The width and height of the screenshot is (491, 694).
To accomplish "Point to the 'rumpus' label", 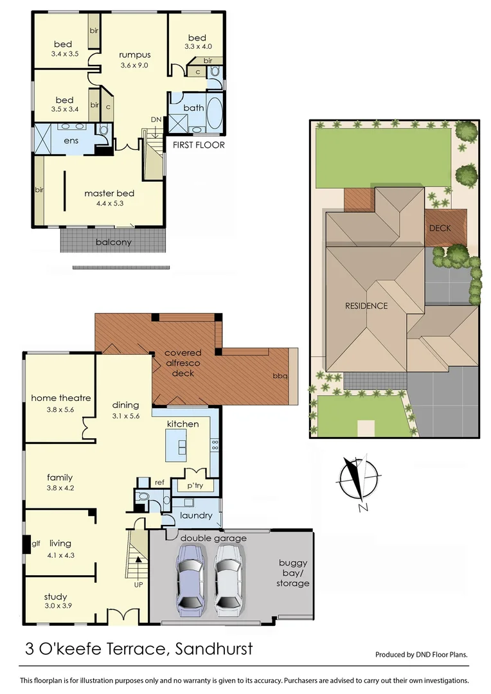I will [x=135, y=55].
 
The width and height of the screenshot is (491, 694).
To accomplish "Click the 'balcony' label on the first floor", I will [x=114, y=242].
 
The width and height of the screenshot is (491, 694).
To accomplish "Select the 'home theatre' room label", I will [x=61, y=398].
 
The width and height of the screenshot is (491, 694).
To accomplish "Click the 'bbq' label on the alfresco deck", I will [x=280, y=375].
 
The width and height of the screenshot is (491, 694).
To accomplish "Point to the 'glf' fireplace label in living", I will [x=36, y=544].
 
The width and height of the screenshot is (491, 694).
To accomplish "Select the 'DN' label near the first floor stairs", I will [x=156, y=120].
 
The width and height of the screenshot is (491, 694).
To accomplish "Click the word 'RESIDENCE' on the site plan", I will [x=366, y=306].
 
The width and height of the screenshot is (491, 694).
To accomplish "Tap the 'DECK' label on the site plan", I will [x=440, y=228].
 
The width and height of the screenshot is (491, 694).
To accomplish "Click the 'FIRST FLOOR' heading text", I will [x=199, y=145].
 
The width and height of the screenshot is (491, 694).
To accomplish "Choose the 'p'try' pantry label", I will [x=195, y=486].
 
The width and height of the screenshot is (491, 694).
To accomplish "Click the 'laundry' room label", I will [x=197, y=515].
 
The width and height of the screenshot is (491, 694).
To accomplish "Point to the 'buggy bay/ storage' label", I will [x=294, y=573].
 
